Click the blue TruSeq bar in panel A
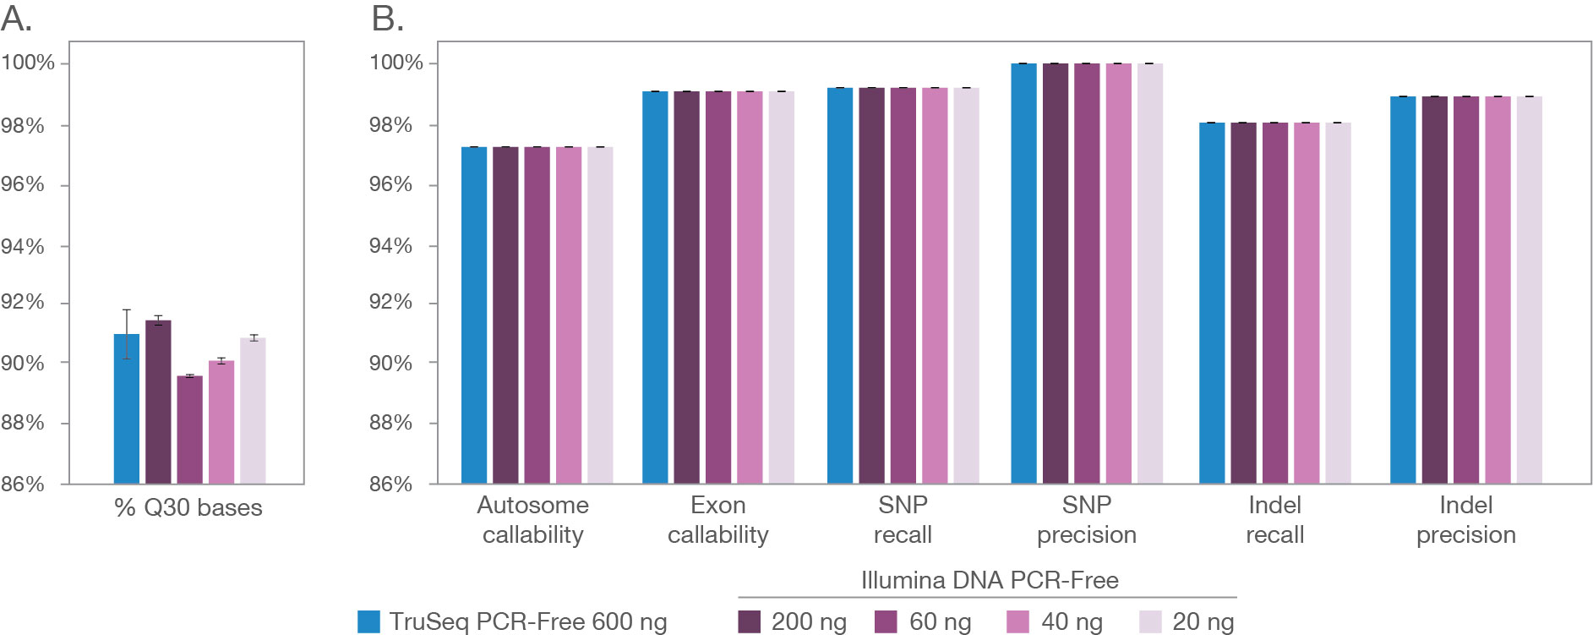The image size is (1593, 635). (126, 410)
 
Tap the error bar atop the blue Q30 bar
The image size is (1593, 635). (127, 333)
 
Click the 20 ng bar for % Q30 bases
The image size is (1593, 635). (253, 411)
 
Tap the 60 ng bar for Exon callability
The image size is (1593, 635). (718, 287)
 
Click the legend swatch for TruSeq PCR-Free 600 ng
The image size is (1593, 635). (368, 622)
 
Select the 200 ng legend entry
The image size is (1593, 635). (793, 622)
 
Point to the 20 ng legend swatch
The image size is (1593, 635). (1150, 622)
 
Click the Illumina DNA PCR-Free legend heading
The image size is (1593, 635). (990, 580)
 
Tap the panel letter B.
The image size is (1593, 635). (387, 19)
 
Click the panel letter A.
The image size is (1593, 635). (16, 19)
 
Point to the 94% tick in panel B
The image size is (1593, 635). (390, 246)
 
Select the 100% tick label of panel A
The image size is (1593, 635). (27, 63)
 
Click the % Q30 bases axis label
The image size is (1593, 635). (188, 507)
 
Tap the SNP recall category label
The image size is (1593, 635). (903, 519)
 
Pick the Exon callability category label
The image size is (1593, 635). (717, 519)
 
